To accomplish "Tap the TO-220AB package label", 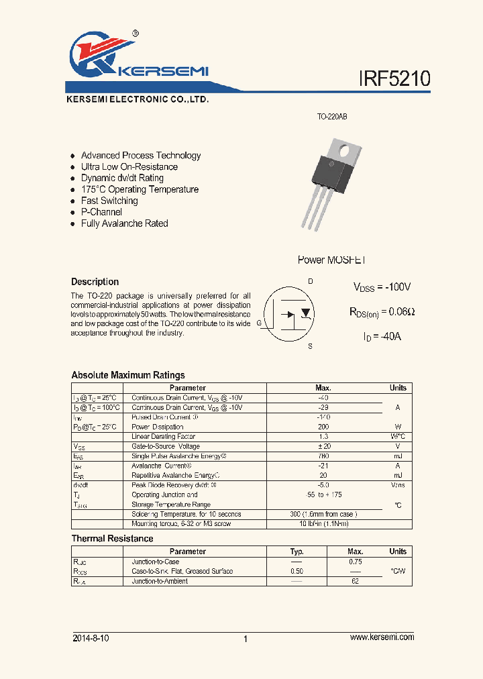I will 332,117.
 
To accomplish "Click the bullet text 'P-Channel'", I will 101,212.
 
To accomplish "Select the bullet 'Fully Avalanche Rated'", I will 124,223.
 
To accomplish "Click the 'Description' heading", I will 95,282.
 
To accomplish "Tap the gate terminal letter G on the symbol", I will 260,322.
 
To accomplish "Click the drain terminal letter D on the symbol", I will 310,281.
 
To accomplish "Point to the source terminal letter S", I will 310,346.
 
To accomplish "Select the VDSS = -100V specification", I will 382,286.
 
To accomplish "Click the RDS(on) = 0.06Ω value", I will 382,311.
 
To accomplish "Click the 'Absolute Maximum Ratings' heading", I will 127,375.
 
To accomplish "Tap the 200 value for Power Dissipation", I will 323,427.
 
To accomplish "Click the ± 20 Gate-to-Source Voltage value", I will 323,446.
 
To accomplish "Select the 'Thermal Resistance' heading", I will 112,539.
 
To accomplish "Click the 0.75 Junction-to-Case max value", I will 356,562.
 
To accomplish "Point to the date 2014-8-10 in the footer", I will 90,638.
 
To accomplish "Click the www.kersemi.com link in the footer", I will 382,637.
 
